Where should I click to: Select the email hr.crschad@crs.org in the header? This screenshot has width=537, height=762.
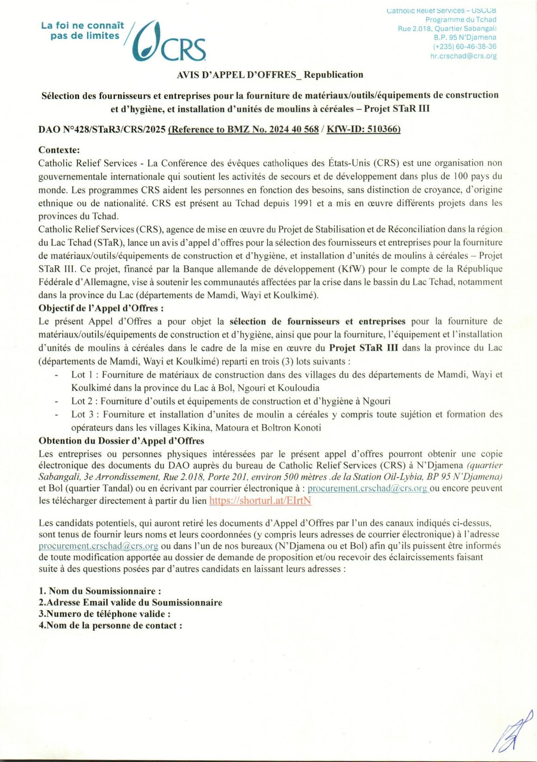463,56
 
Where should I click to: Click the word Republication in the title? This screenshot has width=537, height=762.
334,75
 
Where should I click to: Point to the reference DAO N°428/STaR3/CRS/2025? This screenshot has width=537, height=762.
102,130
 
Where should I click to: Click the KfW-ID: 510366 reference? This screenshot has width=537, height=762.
363,130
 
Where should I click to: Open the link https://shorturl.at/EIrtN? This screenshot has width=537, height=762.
260,501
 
